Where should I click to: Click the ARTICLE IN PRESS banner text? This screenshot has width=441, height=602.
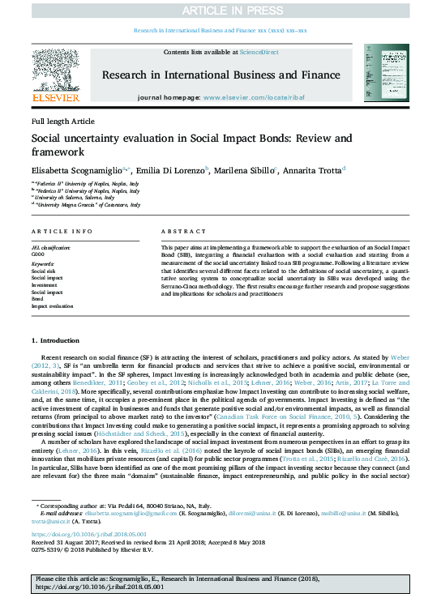220,10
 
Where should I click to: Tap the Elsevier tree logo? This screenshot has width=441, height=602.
56,73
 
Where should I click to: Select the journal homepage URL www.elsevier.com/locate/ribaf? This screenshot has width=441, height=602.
255,96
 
